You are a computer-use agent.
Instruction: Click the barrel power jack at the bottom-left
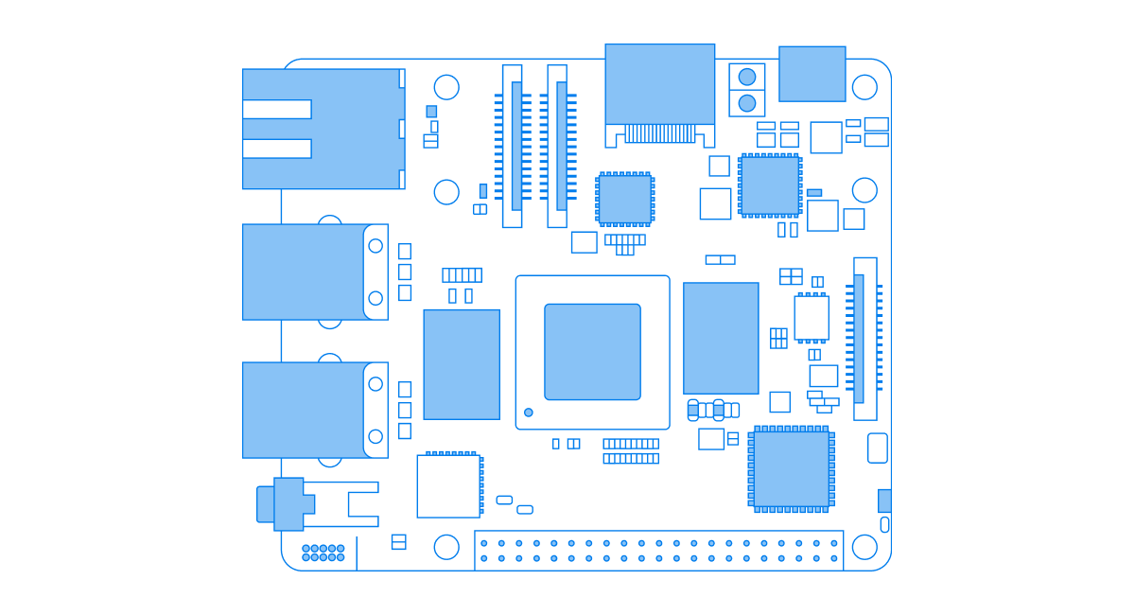point(288,503)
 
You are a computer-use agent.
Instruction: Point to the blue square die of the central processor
point(592,351)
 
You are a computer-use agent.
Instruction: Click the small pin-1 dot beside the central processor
point(529,413)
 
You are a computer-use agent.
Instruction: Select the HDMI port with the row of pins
point(659,85)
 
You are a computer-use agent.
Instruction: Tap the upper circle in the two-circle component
point(747,77)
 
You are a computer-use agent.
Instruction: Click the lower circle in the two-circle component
point(747,103)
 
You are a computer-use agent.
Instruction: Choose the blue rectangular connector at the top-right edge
point(812,74)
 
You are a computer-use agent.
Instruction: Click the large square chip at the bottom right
point(792,469)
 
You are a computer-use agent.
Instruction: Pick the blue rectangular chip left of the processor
point(462,364)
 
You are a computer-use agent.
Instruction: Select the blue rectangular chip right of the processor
point(721,338)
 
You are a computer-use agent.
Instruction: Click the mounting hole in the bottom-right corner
point(864,547)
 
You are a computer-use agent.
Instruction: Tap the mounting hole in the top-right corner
point(864,87)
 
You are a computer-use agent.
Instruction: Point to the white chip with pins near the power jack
point(448,486)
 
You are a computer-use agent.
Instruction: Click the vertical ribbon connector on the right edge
point(864,339)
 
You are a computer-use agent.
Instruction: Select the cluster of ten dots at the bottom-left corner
point(323,553)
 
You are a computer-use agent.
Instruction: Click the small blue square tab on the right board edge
point(884,501)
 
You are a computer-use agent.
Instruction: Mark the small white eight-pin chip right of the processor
point(812,318)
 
